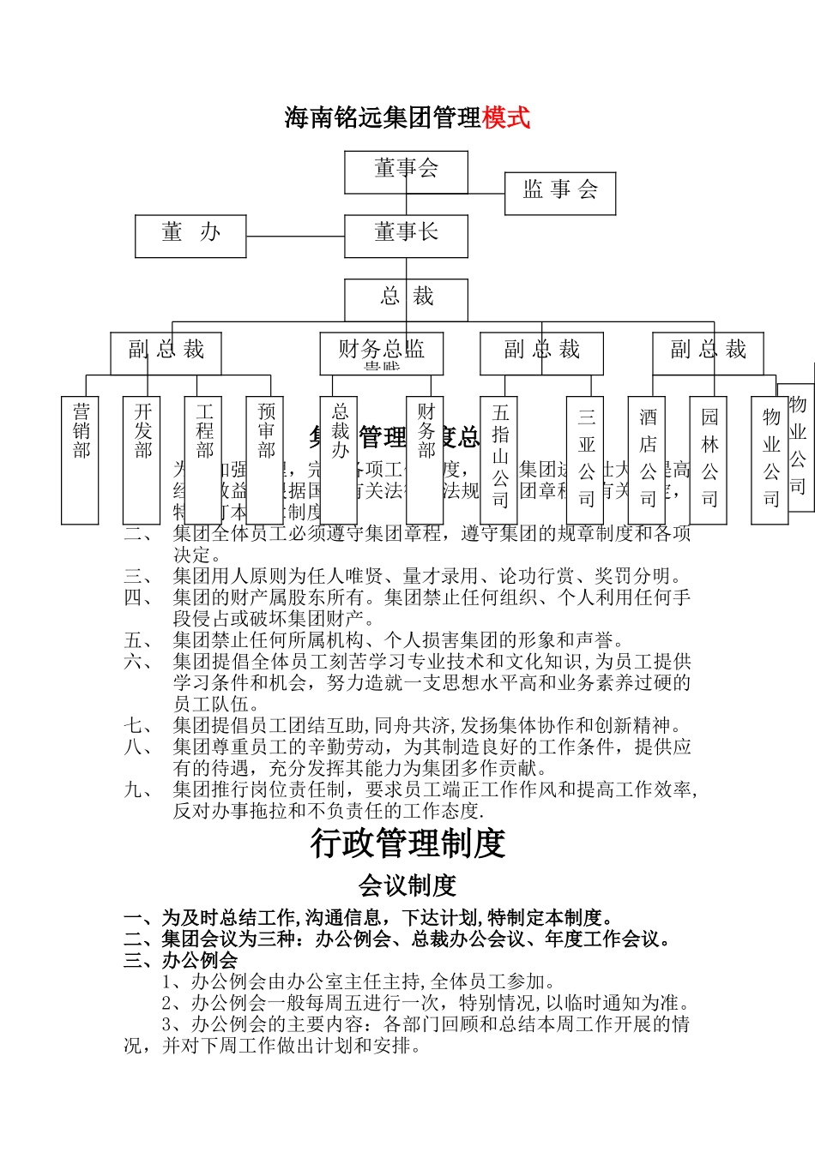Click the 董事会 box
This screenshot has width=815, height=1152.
tap(406, 171)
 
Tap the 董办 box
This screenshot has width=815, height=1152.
tap(190, 236)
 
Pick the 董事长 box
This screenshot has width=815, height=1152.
tap(406, 236)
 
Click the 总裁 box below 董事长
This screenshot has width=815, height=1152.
tap(406, 299)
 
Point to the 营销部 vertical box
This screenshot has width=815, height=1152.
tap(80, 459)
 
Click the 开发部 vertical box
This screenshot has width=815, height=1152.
tap(142, 459)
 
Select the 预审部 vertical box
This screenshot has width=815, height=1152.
tap(265, 459)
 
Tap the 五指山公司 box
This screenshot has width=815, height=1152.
tap(499, 459)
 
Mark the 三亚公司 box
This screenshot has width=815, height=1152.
tap(585, 459)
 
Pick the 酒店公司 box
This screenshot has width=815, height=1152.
tap(647, 459)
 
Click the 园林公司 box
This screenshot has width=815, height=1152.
tap(709, 459)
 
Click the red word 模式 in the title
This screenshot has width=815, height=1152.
tap(506, 117)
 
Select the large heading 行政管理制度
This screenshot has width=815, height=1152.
tap(407, 843)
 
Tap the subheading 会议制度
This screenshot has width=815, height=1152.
tap(407, 885)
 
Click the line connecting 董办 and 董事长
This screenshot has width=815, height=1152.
tap(295, 236)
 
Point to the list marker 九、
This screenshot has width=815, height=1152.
tap(138, 789)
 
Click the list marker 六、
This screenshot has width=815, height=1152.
tap(138, 662)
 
